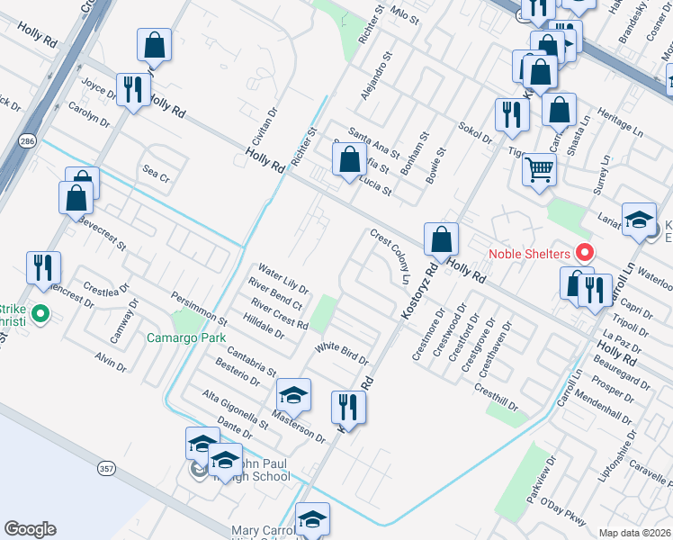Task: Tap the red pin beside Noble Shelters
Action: point(584,253)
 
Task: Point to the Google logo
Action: point(30,529)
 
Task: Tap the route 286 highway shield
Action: point(27,141)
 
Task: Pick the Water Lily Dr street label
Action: point(283,279)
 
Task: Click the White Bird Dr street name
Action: point(342,353)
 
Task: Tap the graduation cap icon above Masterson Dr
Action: point(293,394)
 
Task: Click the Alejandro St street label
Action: point(377,73)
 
